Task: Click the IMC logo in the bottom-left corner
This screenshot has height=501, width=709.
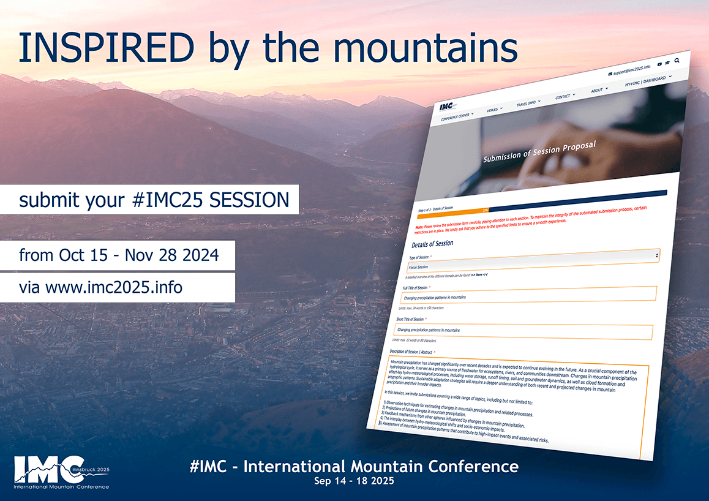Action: tap(61, 472)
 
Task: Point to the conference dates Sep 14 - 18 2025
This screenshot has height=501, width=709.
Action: tap(354, 481)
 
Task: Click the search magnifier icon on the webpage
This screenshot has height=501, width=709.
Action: tap(677, 61)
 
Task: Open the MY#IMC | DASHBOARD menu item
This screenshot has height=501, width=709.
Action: tap(645, 81)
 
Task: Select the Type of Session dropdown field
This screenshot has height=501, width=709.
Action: tap(533, 261)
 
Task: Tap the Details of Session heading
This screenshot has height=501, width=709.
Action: tap(432, 244)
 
